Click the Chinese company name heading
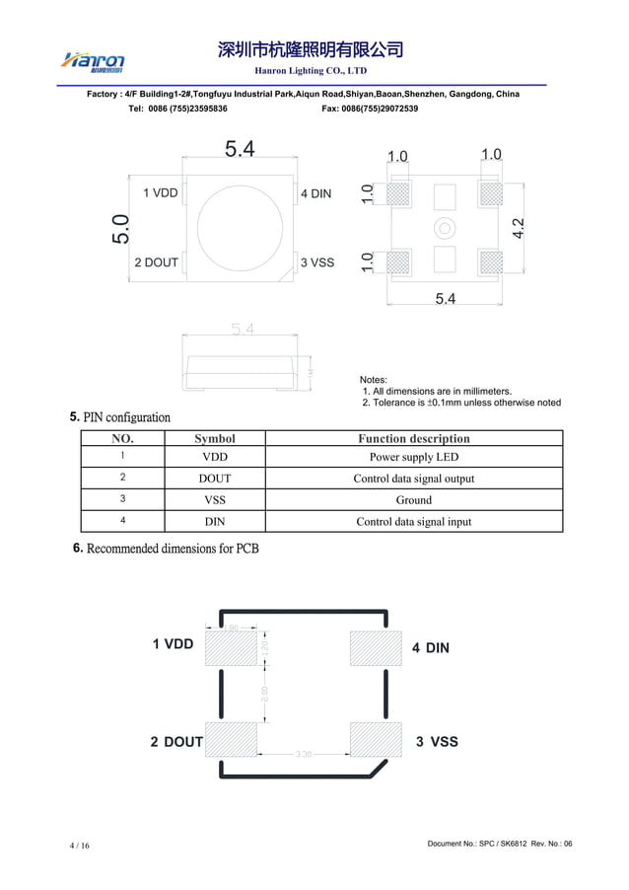tap(311, 49)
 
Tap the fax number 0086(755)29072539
tap(370, 109)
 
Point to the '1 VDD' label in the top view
tap(161, 193)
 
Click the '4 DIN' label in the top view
tap(316, 194)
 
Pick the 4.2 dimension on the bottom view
tap(518, 228)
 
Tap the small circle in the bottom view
tap(446, 229)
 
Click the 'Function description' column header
tap(413, 438)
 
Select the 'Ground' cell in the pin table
tap(413, 500)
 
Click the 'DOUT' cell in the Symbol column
tap(215, 479)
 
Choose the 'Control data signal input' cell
tap(413, 522)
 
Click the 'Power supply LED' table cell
tap(413, 458)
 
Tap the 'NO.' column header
tap(122, 438)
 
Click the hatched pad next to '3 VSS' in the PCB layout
tap(376, 739)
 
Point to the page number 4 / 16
tap(79, 847)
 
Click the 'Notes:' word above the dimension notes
tap(374, 380)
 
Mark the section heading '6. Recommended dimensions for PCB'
tap(167, 549)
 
